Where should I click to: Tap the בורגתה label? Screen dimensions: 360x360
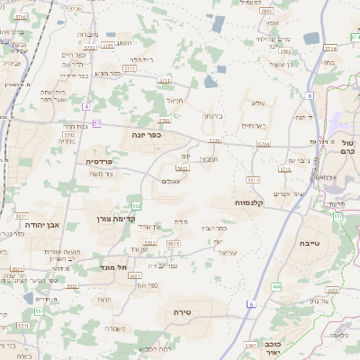coord(213,116)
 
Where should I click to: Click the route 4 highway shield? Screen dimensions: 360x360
coord(85,106)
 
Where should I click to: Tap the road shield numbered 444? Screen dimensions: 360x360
coord(275,286)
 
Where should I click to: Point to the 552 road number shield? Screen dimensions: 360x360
coord(136,207)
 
